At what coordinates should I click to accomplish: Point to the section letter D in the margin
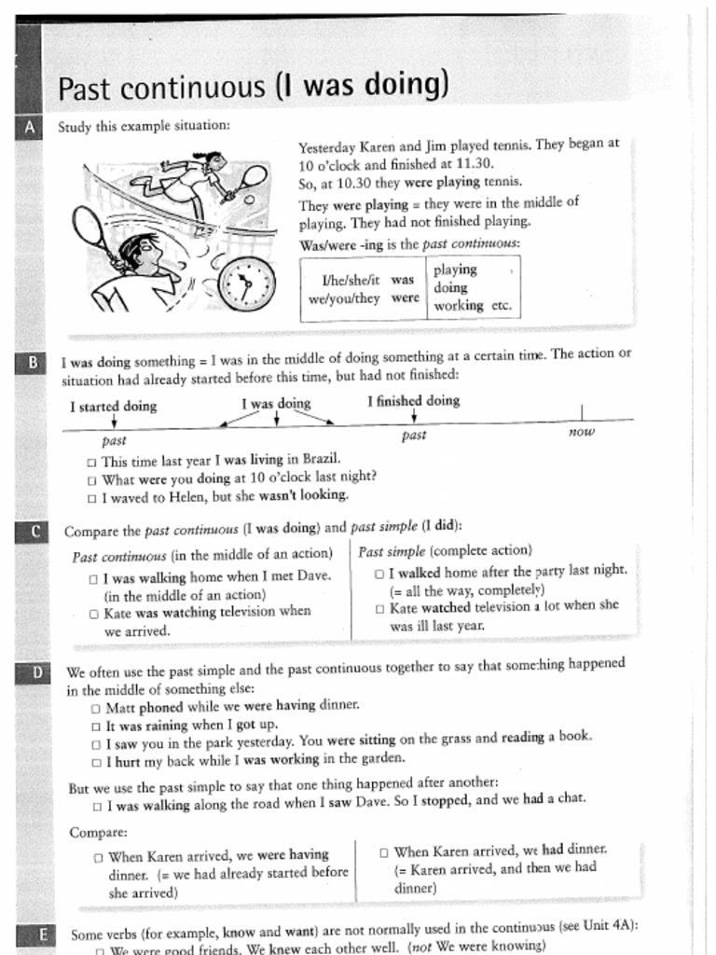tap(34, 672)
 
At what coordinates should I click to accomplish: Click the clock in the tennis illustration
tap(246, 284)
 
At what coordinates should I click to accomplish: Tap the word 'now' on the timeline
tap(581, 432)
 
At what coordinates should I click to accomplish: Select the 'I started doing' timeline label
tap(114, 406)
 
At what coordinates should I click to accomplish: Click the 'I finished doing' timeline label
tap(413, 400)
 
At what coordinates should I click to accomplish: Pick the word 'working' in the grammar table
tap(458, 305)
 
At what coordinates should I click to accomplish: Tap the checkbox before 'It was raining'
tap(96, 726)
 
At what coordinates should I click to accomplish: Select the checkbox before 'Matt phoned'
tap(96, 708)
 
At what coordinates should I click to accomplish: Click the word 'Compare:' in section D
tap(98, 832)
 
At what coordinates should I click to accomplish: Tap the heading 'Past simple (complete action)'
tap(445, 550)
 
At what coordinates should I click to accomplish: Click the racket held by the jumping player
tap(251, 177)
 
